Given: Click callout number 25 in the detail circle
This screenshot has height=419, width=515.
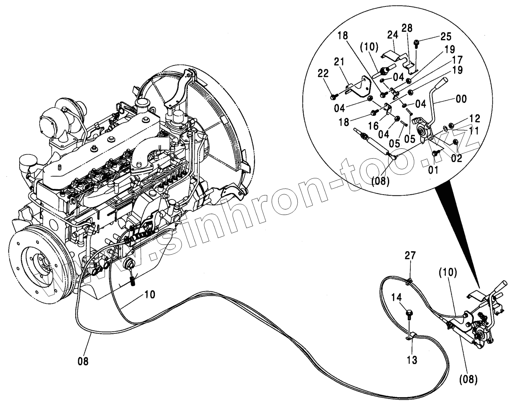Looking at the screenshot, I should (x=445, y=37).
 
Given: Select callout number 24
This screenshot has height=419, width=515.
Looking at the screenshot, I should (x=393, y=35).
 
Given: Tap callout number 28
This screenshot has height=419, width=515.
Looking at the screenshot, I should (x=407, y=28).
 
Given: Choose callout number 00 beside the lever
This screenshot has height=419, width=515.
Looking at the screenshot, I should (x=461, y=99).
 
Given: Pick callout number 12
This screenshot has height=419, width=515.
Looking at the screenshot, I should (x=475, y=119).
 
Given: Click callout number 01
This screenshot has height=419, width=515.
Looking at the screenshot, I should (x=433, y=170).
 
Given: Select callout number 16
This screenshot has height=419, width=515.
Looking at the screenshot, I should (x=373, y=125).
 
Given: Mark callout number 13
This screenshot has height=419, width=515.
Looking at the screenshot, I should (x=412, y=360).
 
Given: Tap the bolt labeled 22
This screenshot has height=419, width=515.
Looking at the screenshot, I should (x=332, y=97).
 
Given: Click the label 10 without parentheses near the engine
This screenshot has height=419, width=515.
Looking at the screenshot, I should (x=150, y=294).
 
